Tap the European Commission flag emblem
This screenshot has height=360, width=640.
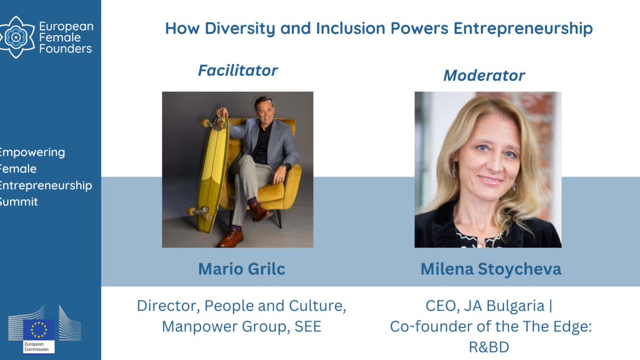coord(39,329)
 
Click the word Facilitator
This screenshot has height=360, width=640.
coord(238,70)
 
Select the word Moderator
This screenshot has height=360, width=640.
coord(484,76)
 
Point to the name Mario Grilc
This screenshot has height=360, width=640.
coord(242,269)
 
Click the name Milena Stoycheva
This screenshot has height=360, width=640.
coord(491,269)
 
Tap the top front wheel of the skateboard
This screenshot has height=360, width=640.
coord(205,123)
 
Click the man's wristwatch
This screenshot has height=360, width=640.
coord(287,166)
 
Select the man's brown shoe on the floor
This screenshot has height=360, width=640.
coord(230,238)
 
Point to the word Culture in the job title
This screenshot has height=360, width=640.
coord(315,306)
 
